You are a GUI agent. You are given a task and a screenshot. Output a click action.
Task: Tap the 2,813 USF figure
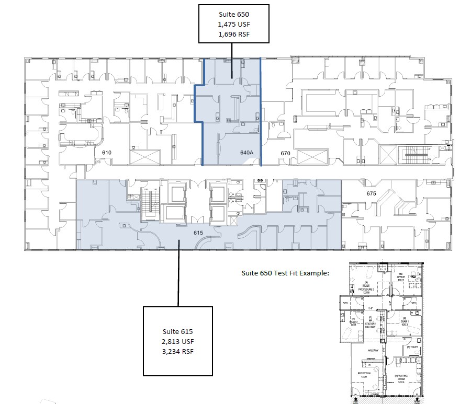[178, 341]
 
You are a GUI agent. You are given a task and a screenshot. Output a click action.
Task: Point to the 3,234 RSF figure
[178, 351]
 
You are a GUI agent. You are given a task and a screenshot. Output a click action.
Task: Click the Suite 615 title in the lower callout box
[178, 331]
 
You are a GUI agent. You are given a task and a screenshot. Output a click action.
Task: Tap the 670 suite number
[285, 153]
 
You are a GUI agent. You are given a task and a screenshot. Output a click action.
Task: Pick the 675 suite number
[371, 193]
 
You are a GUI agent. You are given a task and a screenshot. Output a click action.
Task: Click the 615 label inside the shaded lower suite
[198, 233]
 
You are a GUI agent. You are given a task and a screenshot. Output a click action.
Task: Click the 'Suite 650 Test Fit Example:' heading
[286, 273]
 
